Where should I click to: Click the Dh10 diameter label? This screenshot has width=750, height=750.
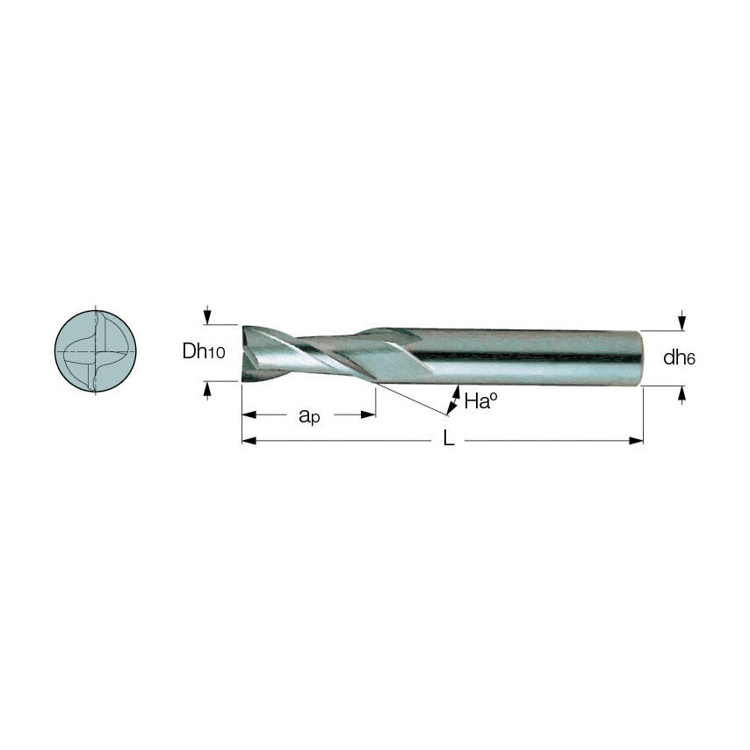[204, 351]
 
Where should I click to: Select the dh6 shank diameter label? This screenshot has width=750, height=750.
[679, 357]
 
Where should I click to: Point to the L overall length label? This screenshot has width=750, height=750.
[449, 440]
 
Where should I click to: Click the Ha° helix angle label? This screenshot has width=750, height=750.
[481, 402]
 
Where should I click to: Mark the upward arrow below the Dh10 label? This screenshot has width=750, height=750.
[207, 390]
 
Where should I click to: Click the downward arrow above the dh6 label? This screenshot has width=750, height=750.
[682, 320]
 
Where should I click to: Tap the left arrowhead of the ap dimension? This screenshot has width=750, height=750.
[249, 415]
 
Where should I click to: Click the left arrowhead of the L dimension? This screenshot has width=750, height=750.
[249, 440]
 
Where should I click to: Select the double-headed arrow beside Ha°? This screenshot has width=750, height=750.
[453, 400]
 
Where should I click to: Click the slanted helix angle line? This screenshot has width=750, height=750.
[413, 398]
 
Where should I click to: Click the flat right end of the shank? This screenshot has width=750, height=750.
[640, 357]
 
